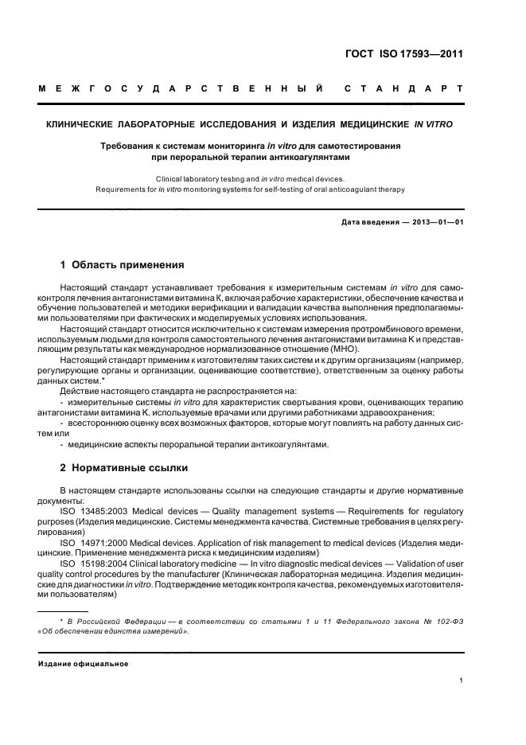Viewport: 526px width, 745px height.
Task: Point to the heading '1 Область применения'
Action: pos(123,264)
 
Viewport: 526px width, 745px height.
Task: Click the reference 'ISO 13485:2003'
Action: pos(92,510)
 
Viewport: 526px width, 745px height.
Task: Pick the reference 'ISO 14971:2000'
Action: pos(92,542)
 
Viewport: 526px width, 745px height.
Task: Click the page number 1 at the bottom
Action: pos(462,681)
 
